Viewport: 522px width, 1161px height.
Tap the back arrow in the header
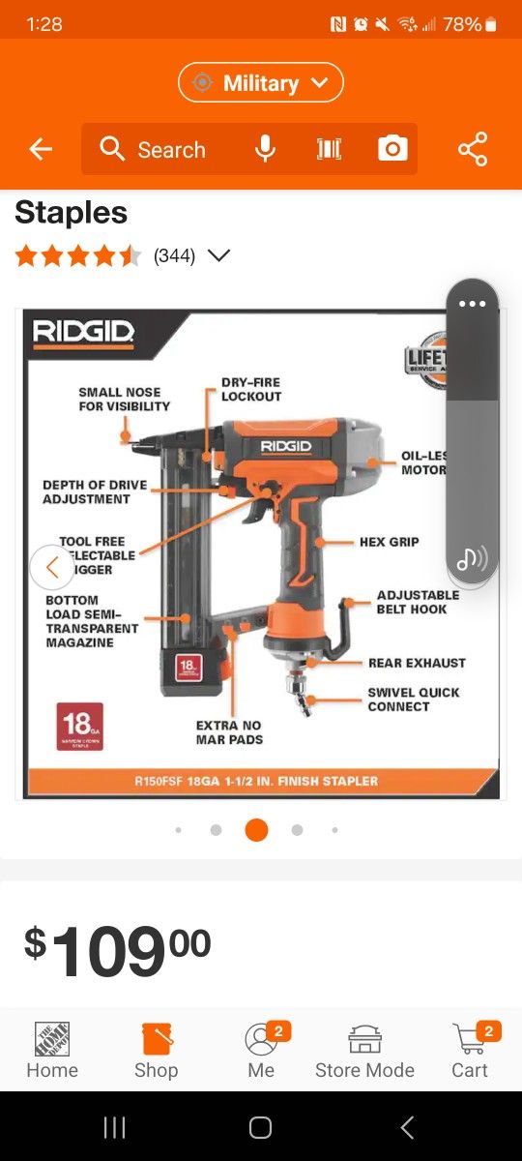tap(41, 149)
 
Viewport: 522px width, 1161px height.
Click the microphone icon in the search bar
tap(265, 149)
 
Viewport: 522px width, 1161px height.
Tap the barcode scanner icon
tap(329, 149)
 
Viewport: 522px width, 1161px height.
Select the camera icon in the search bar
tap(392, 149)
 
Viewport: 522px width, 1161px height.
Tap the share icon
tap(473, 149)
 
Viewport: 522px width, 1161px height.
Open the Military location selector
tap(261, 83)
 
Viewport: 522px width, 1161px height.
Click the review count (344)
tap(175, 256)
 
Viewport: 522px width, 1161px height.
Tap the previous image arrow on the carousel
tap(51, 567)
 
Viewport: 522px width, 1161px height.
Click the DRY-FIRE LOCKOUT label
tap(251, 389)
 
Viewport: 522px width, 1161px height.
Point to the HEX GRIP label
tap(389, 542)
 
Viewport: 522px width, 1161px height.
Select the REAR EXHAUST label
tap(417, 663)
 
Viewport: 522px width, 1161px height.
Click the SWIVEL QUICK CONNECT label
tap(413, 700)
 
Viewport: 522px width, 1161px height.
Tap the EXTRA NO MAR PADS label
tap(229, 732)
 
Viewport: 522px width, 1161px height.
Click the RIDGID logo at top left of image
tap(84, 333)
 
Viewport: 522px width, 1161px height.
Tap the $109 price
tap(117, 950)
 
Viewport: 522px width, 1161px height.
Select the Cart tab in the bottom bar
tap(470, 1051)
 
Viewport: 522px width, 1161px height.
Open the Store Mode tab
tap(364, 1051)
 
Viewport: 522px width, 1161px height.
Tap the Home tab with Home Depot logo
tap(52, 1051)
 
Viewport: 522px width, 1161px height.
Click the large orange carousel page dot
tap(256, 830)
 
